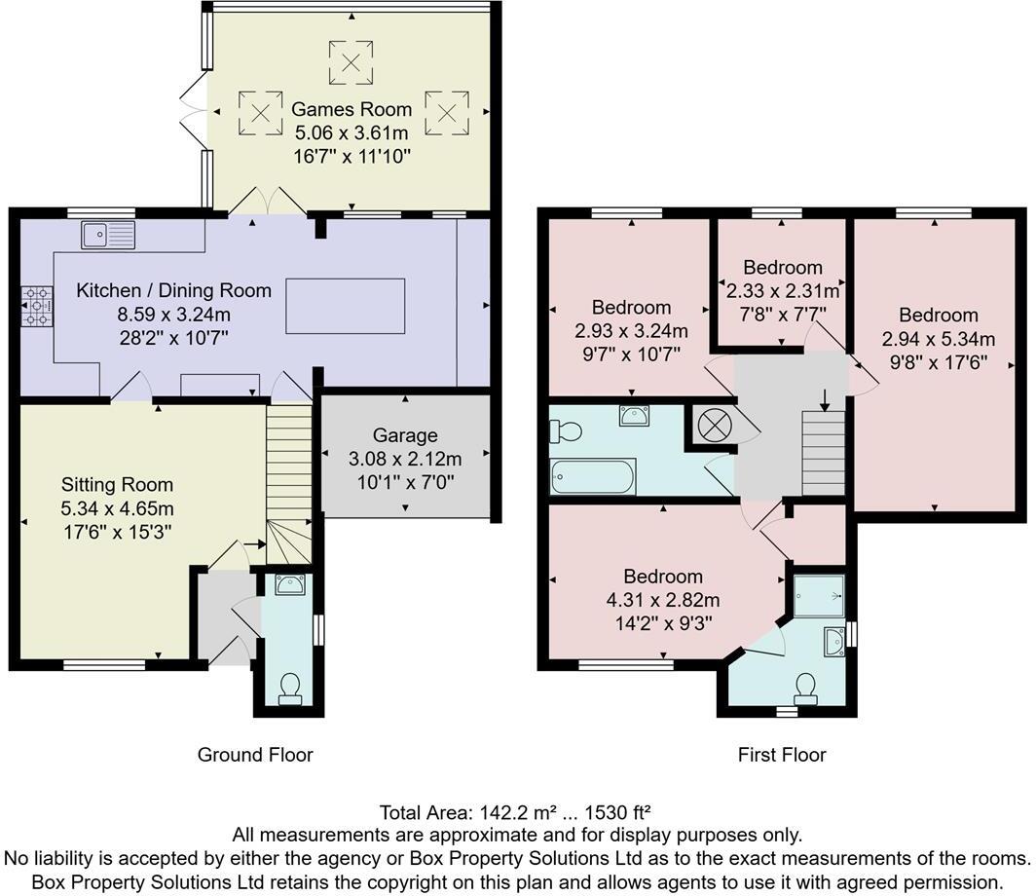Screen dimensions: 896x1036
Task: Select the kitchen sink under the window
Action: [x=108, y=235]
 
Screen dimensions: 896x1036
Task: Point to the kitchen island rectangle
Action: [x=345, y=306]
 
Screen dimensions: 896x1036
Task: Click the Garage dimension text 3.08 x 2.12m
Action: [x=406, y=459]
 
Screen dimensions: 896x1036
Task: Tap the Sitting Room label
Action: [x=117, y=484]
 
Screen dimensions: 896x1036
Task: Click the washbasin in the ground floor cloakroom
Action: [x=289, y=584]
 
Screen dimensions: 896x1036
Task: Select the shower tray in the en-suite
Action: [x=818, y=596]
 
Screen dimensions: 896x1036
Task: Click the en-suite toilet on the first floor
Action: [x=805, y=689]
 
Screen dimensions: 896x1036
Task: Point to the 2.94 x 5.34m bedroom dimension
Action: [x=938, y=339]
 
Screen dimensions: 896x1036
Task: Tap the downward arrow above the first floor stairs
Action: [x=825, y=399]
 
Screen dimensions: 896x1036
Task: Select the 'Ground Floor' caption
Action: [x=255, y=754]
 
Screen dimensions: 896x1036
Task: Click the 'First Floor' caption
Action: [x=782, y=754]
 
